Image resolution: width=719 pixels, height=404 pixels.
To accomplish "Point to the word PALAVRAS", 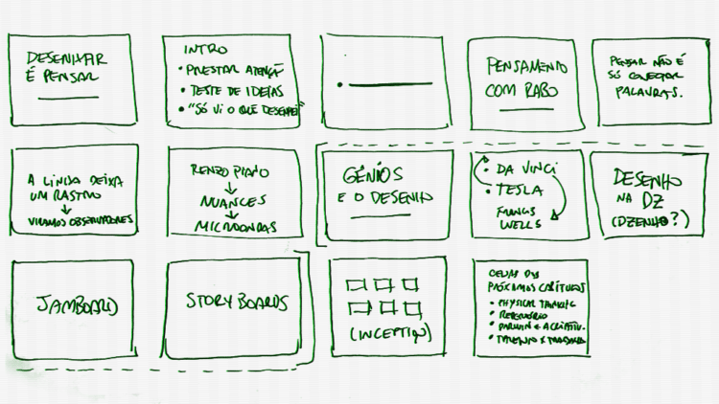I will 652,93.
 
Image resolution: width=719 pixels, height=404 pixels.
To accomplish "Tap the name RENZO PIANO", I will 229,171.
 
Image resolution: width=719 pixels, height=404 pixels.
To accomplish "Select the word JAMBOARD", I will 77,305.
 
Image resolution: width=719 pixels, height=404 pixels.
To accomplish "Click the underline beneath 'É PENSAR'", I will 68,98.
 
